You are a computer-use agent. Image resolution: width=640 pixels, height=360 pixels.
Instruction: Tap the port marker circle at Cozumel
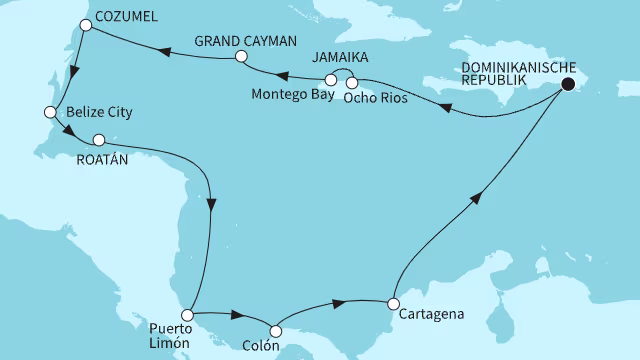point(86,28)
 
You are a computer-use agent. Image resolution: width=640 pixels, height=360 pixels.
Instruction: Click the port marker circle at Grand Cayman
point(240,58)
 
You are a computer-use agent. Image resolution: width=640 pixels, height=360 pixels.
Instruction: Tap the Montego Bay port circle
point(331,80)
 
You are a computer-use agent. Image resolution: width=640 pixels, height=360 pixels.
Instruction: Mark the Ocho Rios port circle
point(351,82)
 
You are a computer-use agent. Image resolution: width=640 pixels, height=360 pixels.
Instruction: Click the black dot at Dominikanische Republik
point(568,85)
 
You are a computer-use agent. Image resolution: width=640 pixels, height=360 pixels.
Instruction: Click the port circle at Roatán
point(98,140)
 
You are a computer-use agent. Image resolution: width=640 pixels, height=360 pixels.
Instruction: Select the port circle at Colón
point(276,328)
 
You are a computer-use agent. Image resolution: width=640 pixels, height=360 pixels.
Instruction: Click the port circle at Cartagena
point(394,303)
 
